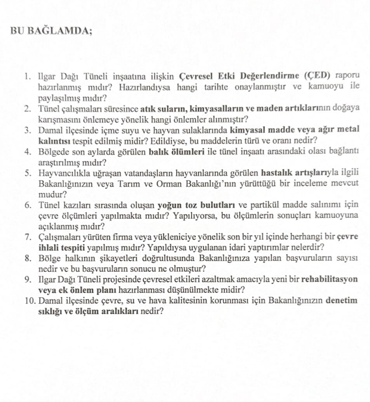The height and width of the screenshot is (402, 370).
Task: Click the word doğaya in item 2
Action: pos(346,108)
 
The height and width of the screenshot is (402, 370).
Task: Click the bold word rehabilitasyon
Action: pos(330,280)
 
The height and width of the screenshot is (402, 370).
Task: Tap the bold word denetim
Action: pos(342,301)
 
